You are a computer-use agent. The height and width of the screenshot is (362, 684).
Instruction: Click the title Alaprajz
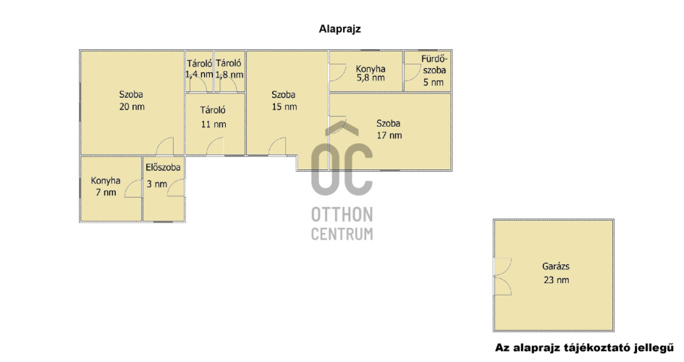coord(339,29)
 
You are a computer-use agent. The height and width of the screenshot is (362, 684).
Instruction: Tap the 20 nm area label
coord(132,107)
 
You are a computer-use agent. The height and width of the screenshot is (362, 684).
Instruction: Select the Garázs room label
coord(556,266)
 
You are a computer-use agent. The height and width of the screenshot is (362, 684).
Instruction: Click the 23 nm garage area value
coord(556,280)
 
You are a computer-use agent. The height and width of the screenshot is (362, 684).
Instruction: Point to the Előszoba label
coord(163,167)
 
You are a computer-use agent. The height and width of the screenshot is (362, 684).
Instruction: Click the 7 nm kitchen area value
coord(106,193)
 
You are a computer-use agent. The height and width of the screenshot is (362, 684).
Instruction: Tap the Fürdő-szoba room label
coord(434,64)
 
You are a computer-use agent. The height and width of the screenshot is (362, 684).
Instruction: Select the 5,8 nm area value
coord(371,78)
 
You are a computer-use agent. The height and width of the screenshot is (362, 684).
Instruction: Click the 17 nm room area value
coord(389,135)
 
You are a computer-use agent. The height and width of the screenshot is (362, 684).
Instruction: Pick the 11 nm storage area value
coord(214,125)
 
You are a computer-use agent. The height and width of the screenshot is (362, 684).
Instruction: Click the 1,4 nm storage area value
coord(199,75)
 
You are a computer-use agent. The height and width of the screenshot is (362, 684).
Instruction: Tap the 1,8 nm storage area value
coord(229,75)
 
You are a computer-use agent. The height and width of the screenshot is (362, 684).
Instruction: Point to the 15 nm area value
coord(284,107)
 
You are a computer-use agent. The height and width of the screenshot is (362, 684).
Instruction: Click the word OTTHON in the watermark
coord(342,214)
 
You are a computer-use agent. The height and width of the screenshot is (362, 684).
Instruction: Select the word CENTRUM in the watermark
coord(342,234)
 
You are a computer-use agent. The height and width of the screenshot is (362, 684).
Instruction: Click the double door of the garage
coord(502,277)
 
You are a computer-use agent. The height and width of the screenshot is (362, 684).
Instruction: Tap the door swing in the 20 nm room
coord(165,146)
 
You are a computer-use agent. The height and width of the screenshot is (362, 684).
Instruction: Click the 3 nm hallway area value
coord(156,184)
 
